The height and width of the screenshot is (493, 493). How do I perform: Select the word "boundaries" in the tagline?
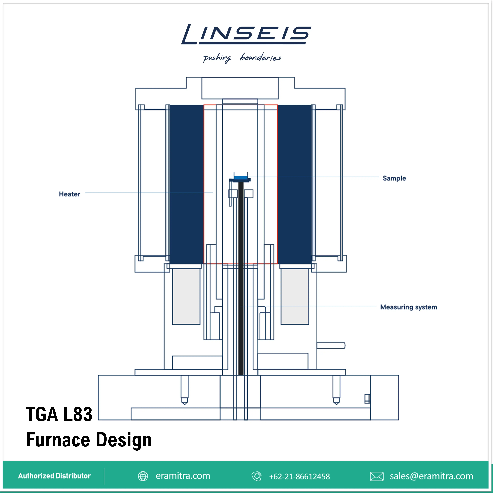(x=260, y=57)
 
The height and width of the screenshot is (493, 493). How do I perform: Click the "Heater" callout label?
(x=69, y=194)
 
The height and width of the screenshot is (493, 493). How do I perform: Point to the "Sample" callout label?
(x=394, y=178)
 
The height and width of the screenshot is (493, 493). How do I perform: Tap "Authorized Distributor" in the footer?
(x=54, y=476)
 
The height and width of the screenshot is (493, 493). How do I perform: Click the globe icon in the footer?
(x=143, y=476)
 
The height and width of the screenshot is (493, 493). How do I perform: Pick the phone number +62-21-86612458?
(x=299, y=476)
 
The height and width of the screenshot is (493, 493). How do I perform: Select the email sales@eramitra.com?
(x=431, y=476)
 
